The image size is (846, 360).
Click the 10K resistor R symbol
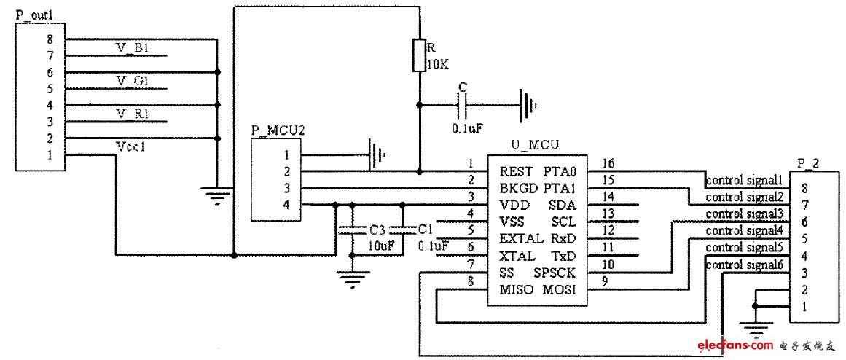[x=419, y=55]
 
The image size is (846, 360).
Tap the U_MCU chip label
[x=533, y=146]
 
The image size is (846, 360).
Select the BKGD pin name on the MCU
[x=514, y=188]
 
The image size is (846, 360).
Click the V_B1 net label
[x=133, y=49]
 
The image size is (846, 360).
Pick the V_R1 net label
[x=133, y=114]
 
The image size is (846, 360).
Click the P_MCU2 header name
[x=271, y=130]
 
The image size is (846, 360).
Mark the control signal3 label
[x=745, y=214]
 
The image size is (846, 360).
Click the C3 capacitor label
[x=377, y=230]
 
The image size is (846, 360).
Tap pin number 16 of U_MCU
[x=608, y=163]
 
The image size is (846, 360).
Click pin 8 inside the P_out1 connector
[x=50, y=40]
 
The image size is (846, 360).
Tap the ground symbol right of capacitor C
[x=527, y=105]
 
